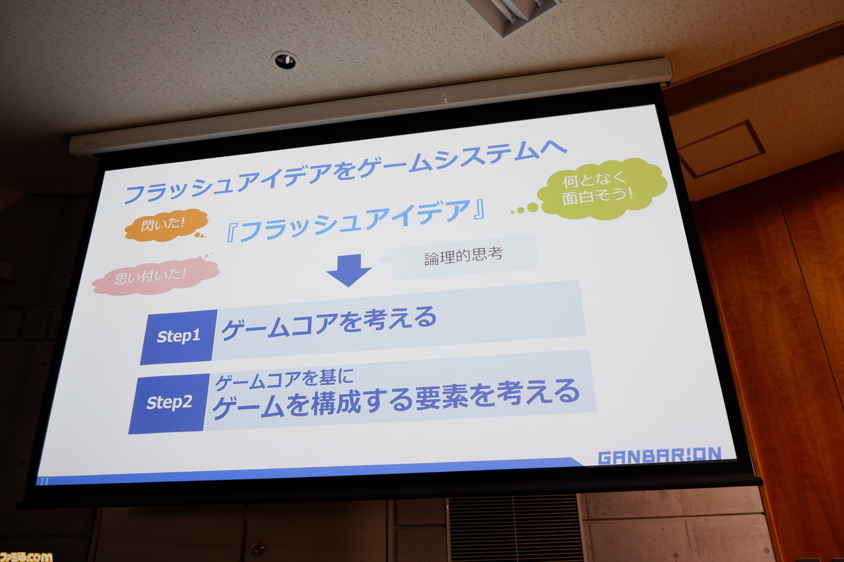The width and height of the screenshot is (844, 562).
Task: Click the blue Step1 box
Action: [x=179, y=337]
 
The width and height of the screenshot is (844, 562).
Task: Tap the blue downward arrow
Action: [x=349, y=270]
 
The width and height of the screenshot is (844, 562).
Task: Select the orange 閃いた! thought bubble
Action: [x=166, y=225]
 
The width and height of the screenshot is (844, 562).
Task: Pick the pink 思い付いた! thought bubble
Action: [x=155, y=276]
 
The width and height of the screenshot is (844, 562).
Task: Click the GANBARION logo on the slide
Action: [x=660, y=455]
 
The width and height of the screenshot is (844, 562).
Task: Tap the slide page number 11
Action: [x=44, y=482]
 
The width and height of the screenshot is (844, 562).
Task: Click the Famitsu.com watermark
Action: [x=26, y=557]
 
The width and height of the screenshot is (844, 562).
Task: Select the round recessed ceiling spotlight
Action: [x=285, y=60]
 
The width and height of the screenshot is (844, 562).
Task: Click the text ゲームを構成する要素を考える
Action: [x=396, y=399]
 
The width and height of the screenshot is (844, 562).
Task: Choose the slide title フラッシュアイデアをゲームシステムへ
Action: [x=345, y=171]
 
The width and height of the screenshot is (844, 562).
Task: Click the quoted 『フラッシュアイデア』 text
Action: [x=355, y=221]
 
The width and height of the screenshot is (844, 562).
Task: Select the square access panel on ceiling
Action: [x=721, y=149]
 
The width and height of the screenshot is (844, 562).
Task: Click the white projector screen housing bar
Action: [x=371, y=107]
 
